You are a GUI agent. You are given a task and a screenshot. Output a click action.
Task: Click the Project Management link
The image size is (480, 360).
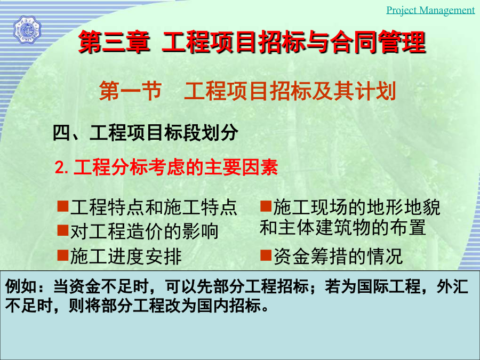430,10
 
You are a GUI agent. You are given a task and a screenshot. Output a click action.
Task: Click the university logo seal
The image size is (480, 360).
27,30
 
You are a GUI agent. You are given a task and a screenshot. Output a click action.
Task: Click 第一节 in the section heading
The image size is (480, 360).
130,91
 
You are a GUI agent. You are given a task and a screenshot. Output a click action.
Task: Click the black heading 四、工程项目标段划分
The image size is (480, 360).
146,133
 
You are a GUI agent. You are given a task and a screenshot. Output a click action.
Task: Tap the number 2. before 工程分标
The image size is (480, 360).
62,168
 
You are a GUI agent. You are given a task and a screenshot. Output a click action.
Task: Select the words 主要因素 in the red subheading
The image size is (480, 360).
241,167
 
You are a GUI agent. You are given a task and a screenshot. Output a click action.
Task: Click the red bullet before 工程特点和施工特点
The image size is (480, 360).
63,206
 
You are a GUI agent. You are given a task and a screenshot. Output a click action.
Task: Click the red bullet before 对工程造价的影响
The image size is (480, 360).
63,230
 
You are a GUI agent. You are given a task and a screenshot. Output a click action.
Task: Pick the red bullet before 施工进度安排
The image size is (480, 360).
63,255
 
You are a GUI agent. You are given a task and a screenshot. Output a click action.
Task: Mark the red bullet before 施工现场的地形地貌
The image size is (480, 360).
266,206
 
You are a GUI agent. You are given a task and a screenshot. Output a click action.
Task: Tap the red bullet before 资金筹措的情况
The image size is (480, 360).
266,255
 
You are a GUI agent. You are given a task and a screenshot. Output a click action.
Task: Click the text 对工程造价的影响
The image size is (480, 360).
144,231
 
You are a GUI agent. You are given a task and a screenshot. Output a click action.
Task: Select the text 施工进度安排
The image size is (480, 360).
126,256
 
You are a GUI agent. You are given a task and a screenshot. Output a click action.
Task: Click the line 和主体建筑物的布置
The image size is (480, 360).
342,227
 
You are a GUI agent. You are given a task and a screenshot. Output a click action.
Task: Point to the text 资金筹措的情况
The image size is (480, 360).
338,256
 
